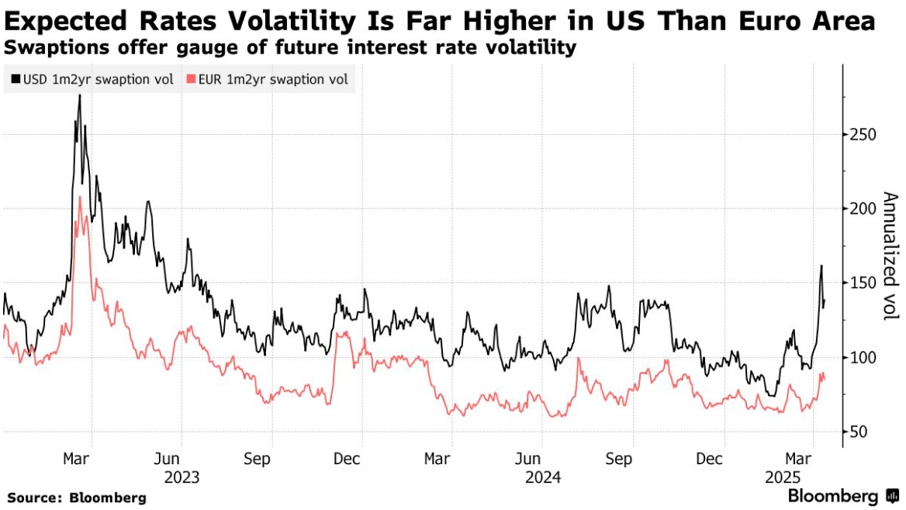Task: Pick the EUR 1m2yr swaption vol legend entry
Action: (268, 79)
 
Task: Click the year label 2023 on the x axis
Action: (182, 477)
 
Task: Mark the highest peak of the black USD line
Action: (79, 95)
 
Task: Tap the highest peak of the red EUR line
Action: (80, 197)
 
